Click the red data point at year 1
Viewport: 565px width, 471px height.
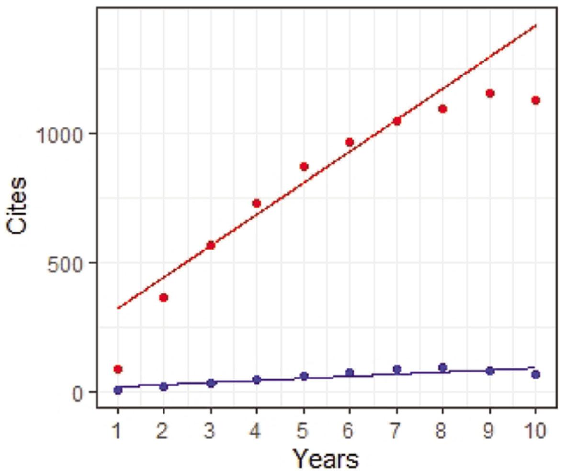pyautogui.click(x=118, y=369)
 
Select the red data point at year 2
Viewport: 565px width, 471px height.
pyautogui.click(x=163, y=297)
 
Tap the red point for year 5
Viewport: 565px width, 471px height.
pyautogui.click(x=304, y=167)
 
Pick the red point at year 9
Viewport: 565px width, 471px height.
pyautogui.click(x=490, y=93)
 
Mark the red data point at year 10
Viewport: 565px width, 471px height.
pyautogui.click(x=536, y=100)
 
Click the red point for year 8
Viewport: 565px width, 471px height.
pyautogui.click(x=443, y=109)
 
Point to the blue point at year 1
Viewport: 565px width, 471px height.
pyautogui.click(x=118, y=390)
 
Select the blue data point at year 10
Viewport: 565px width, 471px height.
pyautogui.click(x=536, y=374)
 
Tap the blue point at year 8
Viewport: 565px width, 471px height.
pyautogui.click(x=443, y=368)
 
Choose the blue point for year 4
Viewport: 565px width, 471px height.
pyautogui.click(x=257, y=380)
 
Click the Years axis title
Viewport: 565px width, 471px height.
pyautogui.click(x=326, y=458)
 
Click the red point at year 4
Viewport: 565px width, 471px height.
pyautogui.click(x=257, y=203)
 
